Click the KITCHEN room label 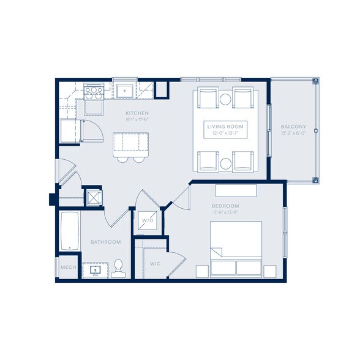pos(137,113)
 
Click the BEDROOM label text pos(225,206)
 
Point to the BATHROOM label pos(106,242)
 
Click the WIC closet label pos(155,263)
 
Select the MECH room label pos(67,268)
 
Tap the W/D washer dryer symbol pos(148,220)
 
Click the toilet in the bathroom pos(119,268)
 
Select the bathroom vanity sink pos(96,269)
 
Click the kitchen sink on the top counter pos(125,91)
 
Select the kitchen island pos(130,142)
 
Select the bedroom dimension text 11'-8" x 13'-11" pos(225,212)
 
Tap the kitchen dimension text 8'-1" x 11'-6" pos(137,121)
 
